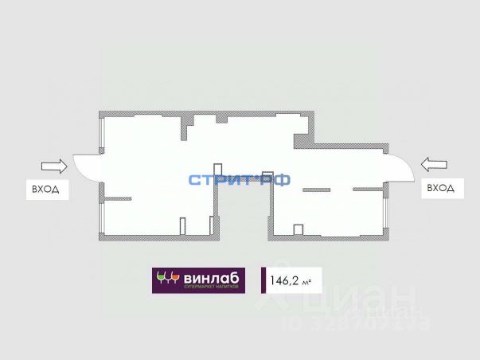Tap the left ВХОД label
pyautogui.click(x=45, y=190)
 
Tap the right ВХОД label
pyautogui.click(x=440, y=188)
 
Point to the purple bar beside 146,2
pyautogui.click(x=263, y=280)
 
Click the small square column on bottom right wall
pyautogui.click(x=299, y=229)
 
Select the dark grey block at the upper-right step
pyautogui.click(x=302, y=140)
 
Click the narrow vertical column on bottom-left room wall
pyautogui.click(x=181, y=227)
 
